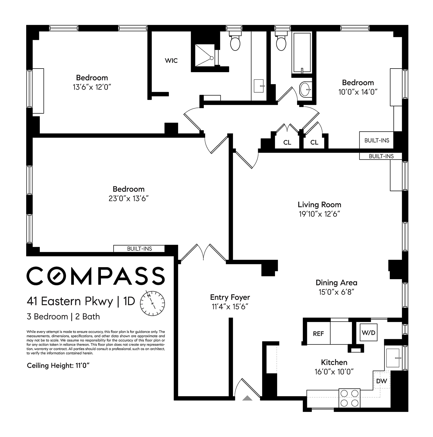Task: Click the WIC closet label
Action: (x=171, y=60)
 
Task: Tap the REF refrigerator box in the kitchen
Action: (x=318, y=333)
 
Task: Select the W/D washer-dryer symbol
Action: (x=368, y=332)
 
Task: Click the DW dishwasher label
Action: (x=381, y=381)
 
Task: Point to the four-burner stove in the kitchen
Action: (x=350, y=398)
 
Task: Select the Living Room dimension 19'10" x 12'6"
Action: (x=319, y=214)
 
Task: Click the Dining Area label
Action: (x=336, y=282)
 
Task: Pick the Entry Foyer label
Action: (x=230, y=297)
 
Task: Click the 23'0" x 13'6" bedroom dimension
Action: (x=129, y=198)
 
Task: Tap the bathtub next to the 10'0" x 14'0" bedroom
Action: (x=302, y=53)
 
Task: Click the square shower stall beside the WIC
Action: (x=205, y=55)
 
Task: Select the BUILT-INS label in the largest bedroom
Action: (x=139, y=249)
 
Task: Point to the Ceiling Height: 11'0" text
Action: (x=58, y=365)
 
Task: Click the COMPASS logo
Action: (x=95, y=276)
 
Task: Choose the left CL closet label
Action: (x=287, y=142)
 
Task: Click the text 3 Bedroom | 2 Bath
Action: (x=63, y=317)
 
